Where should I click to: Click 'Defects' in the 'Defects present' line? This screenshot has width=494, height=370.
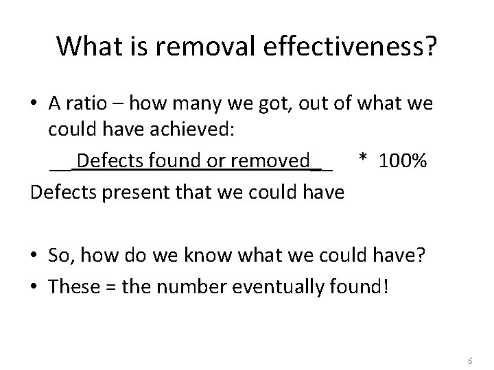point(58,191)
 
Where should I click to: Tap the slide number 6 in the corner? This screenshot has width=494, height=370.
point(469,343)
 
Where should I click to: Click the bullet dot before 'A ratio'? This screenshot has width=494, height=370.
point(34,104)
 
